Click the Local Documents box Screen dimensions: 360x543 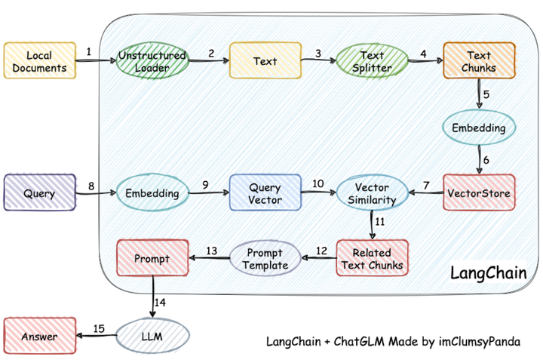[x=39, y=62]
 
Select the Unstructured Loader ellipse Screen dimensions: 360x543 [x=153, y=62]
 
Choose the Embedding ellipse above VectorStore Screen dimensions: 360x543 [x=479, y=128]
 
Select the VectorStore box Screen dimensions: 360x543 [x=479, y=193]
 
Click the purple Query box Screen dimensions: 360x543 [x=39, y=193]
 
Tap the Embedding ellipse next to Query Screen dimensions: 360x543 [x=152, y=193]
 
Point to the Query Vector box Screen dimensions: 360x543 [x=264, y=193]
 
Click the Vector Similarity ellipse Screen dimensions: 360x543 [x=371, y=193]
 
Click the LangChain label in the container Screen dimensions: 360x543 [x=494, y=272]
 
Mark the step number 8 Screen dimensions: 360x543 [x=91, y=185]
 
